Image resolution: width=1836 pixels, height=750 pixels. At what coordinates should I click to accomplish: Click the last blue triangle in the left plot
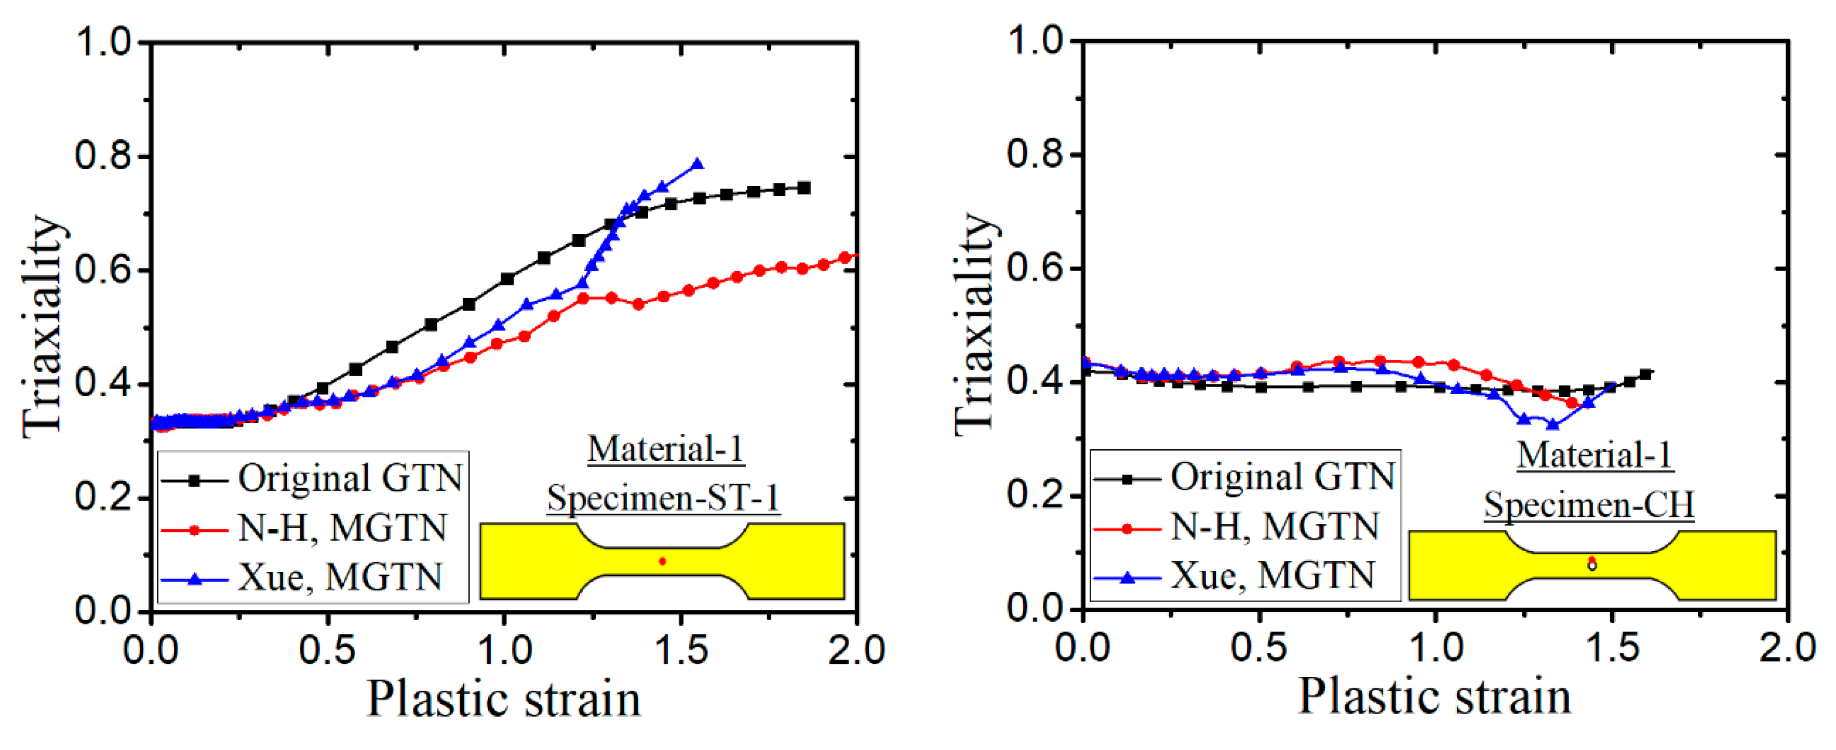697,165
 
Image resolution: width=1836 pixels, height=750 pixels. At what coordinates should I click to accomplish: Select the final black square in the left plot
804,188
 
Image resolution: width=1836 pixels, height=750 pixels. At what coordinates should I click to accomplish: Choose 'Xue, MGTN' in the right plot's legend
1272,576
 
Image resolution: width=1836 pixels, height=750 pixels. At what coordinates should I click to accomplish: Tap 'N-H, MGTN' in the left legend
342,528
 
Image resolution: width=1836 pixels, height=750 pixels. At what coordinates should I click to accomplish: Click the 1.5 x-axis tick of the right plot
1612,649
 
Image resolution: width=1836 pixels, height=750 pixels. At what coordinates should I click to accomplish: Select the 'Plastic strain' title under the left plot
503,699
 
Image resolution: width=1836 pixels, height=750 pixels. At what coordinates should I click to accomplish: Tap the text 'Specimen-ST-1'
663,498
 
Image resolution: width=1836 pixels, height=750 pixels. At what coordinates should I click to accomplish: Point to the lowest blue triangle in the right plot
1553,424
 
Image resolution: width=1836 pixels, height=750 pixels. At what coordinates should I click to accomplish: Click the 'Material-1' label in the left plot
666,449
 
